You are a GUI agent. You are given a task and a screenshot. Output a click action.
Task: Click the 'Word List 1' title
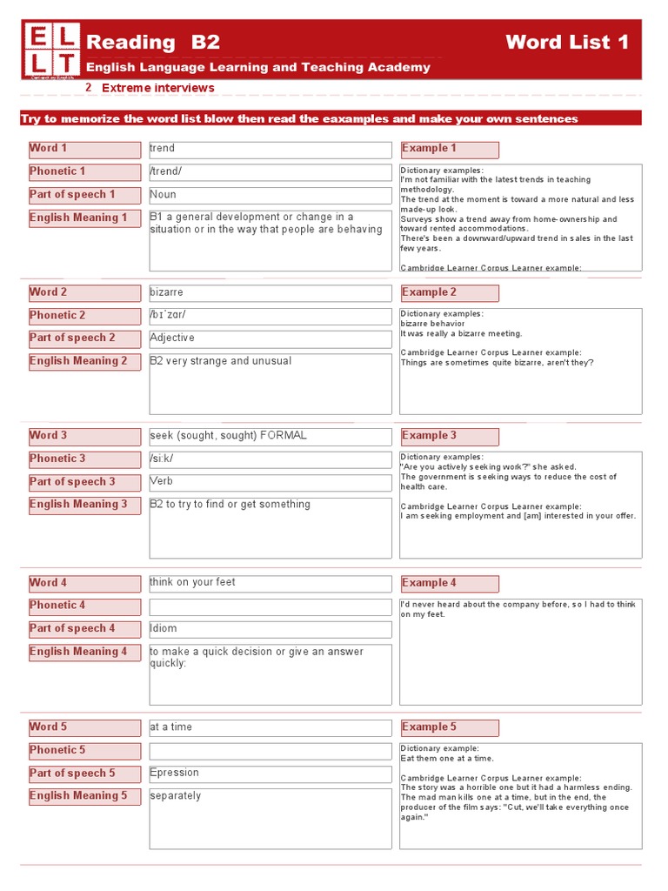(566, 43)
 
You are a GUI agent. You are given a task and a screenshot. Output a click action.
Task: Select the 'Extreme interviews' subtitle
(157, 88)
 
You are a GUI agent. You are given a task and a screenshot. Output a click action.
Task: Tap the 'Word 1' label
(83, 149)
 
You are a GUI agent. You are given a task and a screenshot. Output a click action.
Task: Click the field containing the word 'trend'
(270, 149)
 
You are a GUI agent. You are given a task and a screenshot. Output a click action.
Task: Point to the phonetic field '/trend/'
(270, 171)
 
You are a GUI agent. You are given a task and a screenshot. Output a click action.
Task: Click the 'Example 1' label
(449, 149)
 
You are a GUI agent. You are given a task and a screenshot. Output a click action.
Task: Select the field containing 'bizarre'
(270, 292)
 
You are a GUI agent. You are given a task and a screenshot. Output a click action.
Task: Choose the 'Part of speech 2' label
(83, 338)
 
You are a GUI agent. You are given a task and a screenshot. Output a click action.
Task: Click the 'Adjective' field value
(270, 338)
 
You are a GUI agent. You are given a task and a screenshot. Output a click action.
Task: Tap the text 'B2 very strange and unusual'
(221, 361)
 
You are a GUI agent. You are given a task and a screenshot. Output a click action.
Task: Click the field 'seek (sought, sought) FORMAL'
(270, 436)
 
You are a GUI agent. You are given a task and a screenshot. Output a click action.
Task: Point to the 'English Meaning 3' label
(83, 505)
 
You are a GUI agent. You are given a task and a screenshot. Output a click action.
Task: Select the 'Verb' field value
(270, 482)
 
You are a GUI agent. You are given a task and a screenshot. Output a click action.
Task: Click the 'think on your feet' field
(270, 583)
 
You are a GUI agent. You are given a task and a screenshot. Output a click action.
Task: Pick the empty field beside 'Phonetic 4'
(270, 606)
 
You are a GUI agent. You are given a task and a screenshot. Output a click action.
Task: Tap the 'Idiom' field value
(270, 629)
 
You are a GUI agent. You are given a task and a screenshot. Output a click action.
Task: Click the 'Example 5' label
(449, 727)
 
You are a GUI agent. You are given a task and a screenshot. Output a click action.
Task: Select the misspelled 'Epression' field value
(270, 774)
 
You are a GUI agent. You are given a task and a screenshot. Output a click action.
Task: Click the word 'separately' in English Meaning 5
(176, 796)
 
